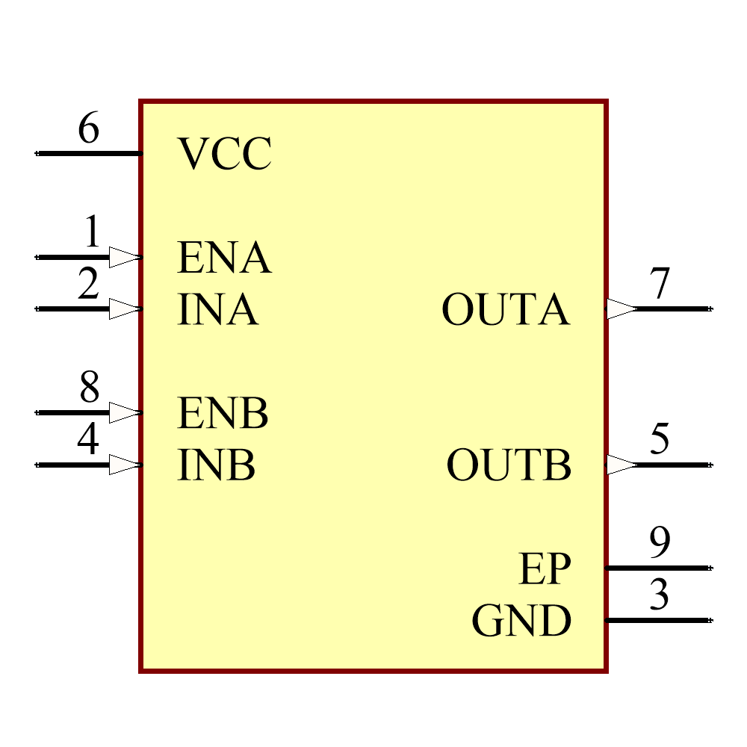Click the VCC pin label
click(x=224, y=155)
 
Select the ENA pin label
click(x=223, y=258)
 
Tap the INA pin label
click(x=217, y=310)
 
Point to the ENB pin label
click(x=222, y=413)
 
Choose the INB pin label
click(x=216, y=465)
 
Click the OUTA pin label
click(x=506, y=310)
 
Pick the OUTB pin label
click(x=509, y=465)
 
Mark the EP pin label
click(x=545, y=569)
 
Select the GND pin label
click(x=521, y=622)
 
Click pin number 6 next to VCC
click(x=88, y=129)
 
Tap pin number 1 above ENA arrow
click(x=91, y=232)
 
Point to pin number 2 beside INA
click(x=88, y=285)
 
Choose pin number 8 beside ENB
click(x=89, y=388)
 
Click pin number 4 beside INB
click(x=87, y=440)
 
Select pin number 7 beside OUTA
click(x=660, y=285)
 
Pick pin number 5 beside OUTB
click(x=660, y=440)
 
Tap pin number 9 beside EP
click(x=660, y=543)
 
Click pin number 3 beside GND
click(x=659, y=595)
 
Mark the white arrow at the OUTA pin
click(x=621, y=309)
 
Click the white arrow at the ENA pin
click(x=125, y=257)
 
